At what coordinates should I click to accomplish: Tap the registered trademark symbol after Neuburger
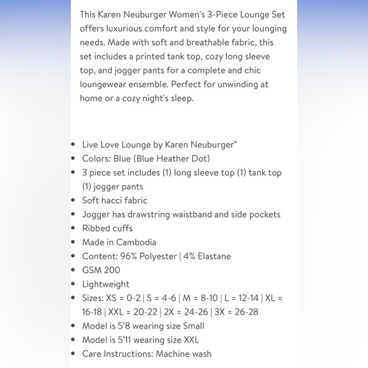click(235, 142)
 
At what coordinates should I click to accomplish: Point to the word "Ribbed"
click(95, 228)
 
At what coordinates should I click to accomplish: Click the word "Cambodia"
click(136, 242)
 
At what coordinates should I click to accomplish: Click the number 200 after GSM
click(112, 270)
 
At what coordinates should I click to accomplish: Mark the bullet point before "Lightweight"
click(74, 284)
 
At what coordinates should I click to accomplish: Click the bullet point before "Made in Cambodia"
click(74, 242)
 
